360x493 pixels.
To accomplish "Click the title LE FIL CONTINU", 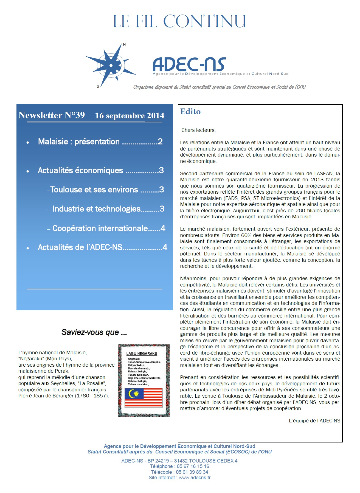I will (180, 21).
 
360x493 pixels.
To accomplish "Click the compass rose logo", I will (111, 65).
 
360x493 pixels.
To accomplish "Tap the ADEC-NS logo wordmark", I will (189, 64).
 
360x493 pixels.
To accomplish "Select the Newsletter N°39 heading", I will (52, 115).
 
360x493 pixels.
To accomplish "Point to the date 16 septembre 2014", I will (130, 116).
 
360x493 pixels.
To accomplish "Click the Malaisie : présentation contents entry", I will (100, 141).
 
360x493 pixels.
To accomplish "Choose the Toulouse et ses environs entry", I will (106, 190).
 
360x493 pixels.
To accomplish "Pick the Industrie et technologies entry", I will (106, 209).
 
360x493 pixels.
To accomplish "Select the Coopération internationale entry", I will (106, 228).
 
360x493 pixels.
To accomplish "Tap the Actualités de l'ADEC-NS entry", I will (102, 247).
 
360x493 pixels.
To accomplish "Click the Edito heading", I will (190, 112).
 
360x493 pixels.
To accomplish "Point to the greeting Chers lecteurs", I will (199, 130).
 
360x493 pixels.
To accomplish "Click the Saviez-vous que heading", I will (94, 332).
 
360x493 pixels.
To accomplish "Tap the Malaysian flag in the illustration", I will (144, 397).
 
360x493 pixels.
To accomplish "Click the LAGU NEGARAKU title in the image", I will (142, 353).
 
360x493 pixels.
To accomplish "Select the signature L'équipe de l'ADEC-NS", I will (314, 420).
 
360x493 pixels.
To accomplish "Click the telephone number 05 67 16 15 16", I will (193, 466).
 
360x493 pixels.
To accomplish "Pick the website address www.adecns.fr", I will (195, 478).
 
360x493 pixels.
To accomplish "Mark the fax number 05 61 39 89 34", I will (192, 472).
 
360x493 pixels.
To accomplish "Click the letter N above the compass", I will (124, 44).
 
